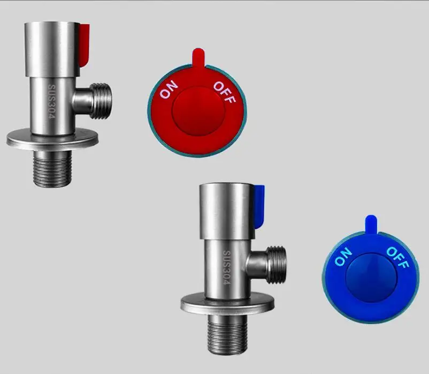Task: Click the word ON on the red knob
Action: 169,89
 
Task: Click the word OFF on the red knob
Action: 224,92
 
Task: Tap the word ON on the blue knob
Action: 343,256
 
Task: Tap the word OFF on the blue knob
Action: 398,257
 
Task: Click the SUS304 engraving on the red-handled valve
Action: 52,101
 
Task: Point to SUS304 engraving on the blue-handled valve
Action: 227,267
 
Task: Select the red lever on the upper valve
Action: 85,46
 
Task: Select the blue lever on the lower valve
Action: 259,207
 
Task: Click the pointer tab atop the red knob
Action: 198,57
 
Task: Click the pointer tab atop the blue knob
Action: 371,225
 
